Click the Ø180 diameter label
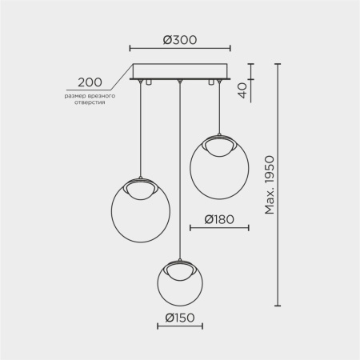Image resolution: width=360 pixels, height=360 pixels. click(x=218, y=217)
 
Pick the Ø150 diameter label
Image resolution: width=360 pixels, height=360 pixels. click(x=179, y=316)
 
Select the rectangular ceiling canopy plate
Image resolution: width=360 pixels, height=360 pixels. click(x=179, y=72)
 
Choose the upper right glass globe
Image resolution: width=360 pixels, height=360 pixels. click(x=218, y=170)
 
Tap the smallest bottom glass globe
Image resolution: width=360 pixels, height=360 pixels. click(x=180, y=283)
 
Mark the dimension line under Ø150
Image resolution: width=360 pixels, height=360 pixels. click(x=179, y=326)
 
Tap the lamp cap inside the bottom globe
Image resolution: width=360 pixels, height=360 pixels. click(x=180, y=269)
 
